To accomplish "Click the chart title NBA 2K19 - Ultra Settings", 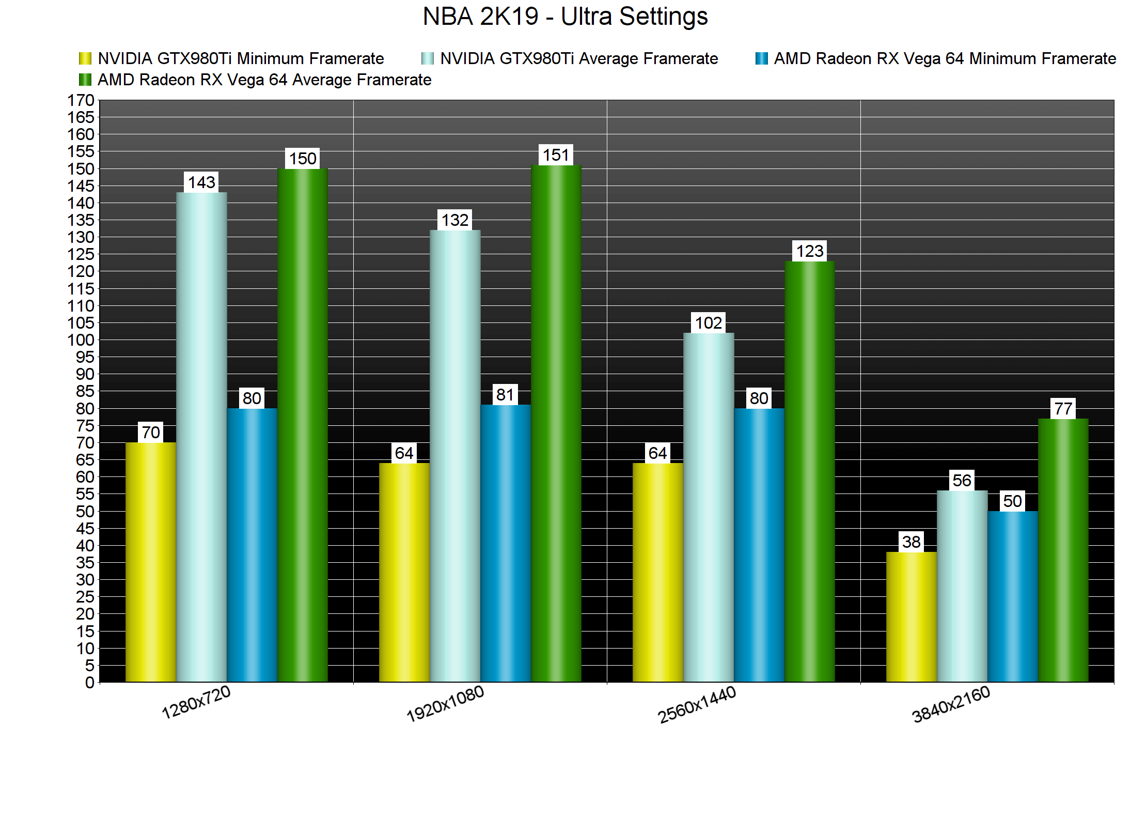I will pyautogui.click(x=565, y=17).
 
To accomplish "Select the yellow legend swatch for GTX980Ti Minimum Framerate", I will pyautogui.click(x=85, y=58).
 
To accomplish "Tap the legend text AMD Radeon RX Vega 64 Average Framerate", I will pyautogui.click(x=264, y=80).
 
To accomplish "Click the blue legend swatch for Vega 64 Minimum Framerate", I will pyautogui.click(x=761, y=58).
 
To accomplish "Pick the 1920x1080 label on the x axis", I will pyautogui.click(x=445, y=704).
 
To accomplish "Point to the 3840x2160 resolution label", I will pyautogui.click(x=951, y=704).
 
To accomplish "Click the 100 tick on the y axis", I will pyautogui.click(x=81, y=340).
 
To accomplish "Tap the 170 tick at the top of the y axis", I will pyautogui.click(x=81, y=100).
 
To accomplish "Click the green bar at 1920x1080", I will pyautogui.click(x=556, y=424).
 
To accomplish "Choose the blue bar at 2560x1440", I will pyautogui.click(x=759, y=545).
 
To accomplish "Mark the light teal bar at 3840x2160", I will pyautogui.click(x=962, y=587).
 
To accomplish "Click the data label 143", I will pyautogui.click(x=201, y=182).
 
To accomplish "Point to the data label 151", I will pyautogui.click(x=556, y=155).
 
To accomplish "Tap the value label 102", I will pyautogui.click(x=708, y=323).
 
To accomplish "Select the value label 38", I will pyautogui.click(x=912, y=542).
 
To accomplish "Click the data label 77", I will pyautogui.click(x=1063, y=409).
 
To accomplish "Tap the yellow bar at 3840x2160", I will pyautogui.click(x=912, y=617).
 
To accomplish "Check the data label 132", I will pyautogui.click(x=454, y=220).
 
